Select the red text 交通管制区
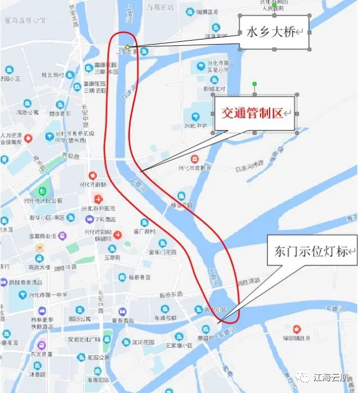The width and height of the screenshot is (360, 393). pyautogui.click(x=252, y=114)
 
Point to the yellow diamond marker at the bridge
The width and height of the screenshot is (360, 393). pyautogui.click(x=127, y=47)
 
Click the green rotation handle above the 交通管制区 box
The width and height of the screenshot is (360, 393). pyautogui.click(x=255, y=84)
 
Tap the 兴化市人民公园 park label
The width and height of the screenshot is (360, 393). pyautogui.click(x=43, y=200)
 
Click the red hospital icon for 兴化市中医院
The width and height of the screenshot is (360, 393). pyautogui.click(x=98, y=198)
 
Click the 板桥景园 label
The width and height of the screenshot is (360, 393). pyautogui.click(x=138, y=277)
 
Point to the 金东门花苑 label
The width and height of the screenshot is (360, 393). pyautogui.click(x=162, y=252)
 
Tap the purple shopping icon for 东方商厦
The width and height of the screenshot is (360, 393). pyautogui.click(x=41, y=346)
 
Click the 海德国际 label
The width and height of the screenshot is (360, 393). pyautogui.click(x=98, y=380)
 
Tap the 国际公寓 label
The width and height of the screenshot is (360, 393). pyautogui.click(x=80, y=319)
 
